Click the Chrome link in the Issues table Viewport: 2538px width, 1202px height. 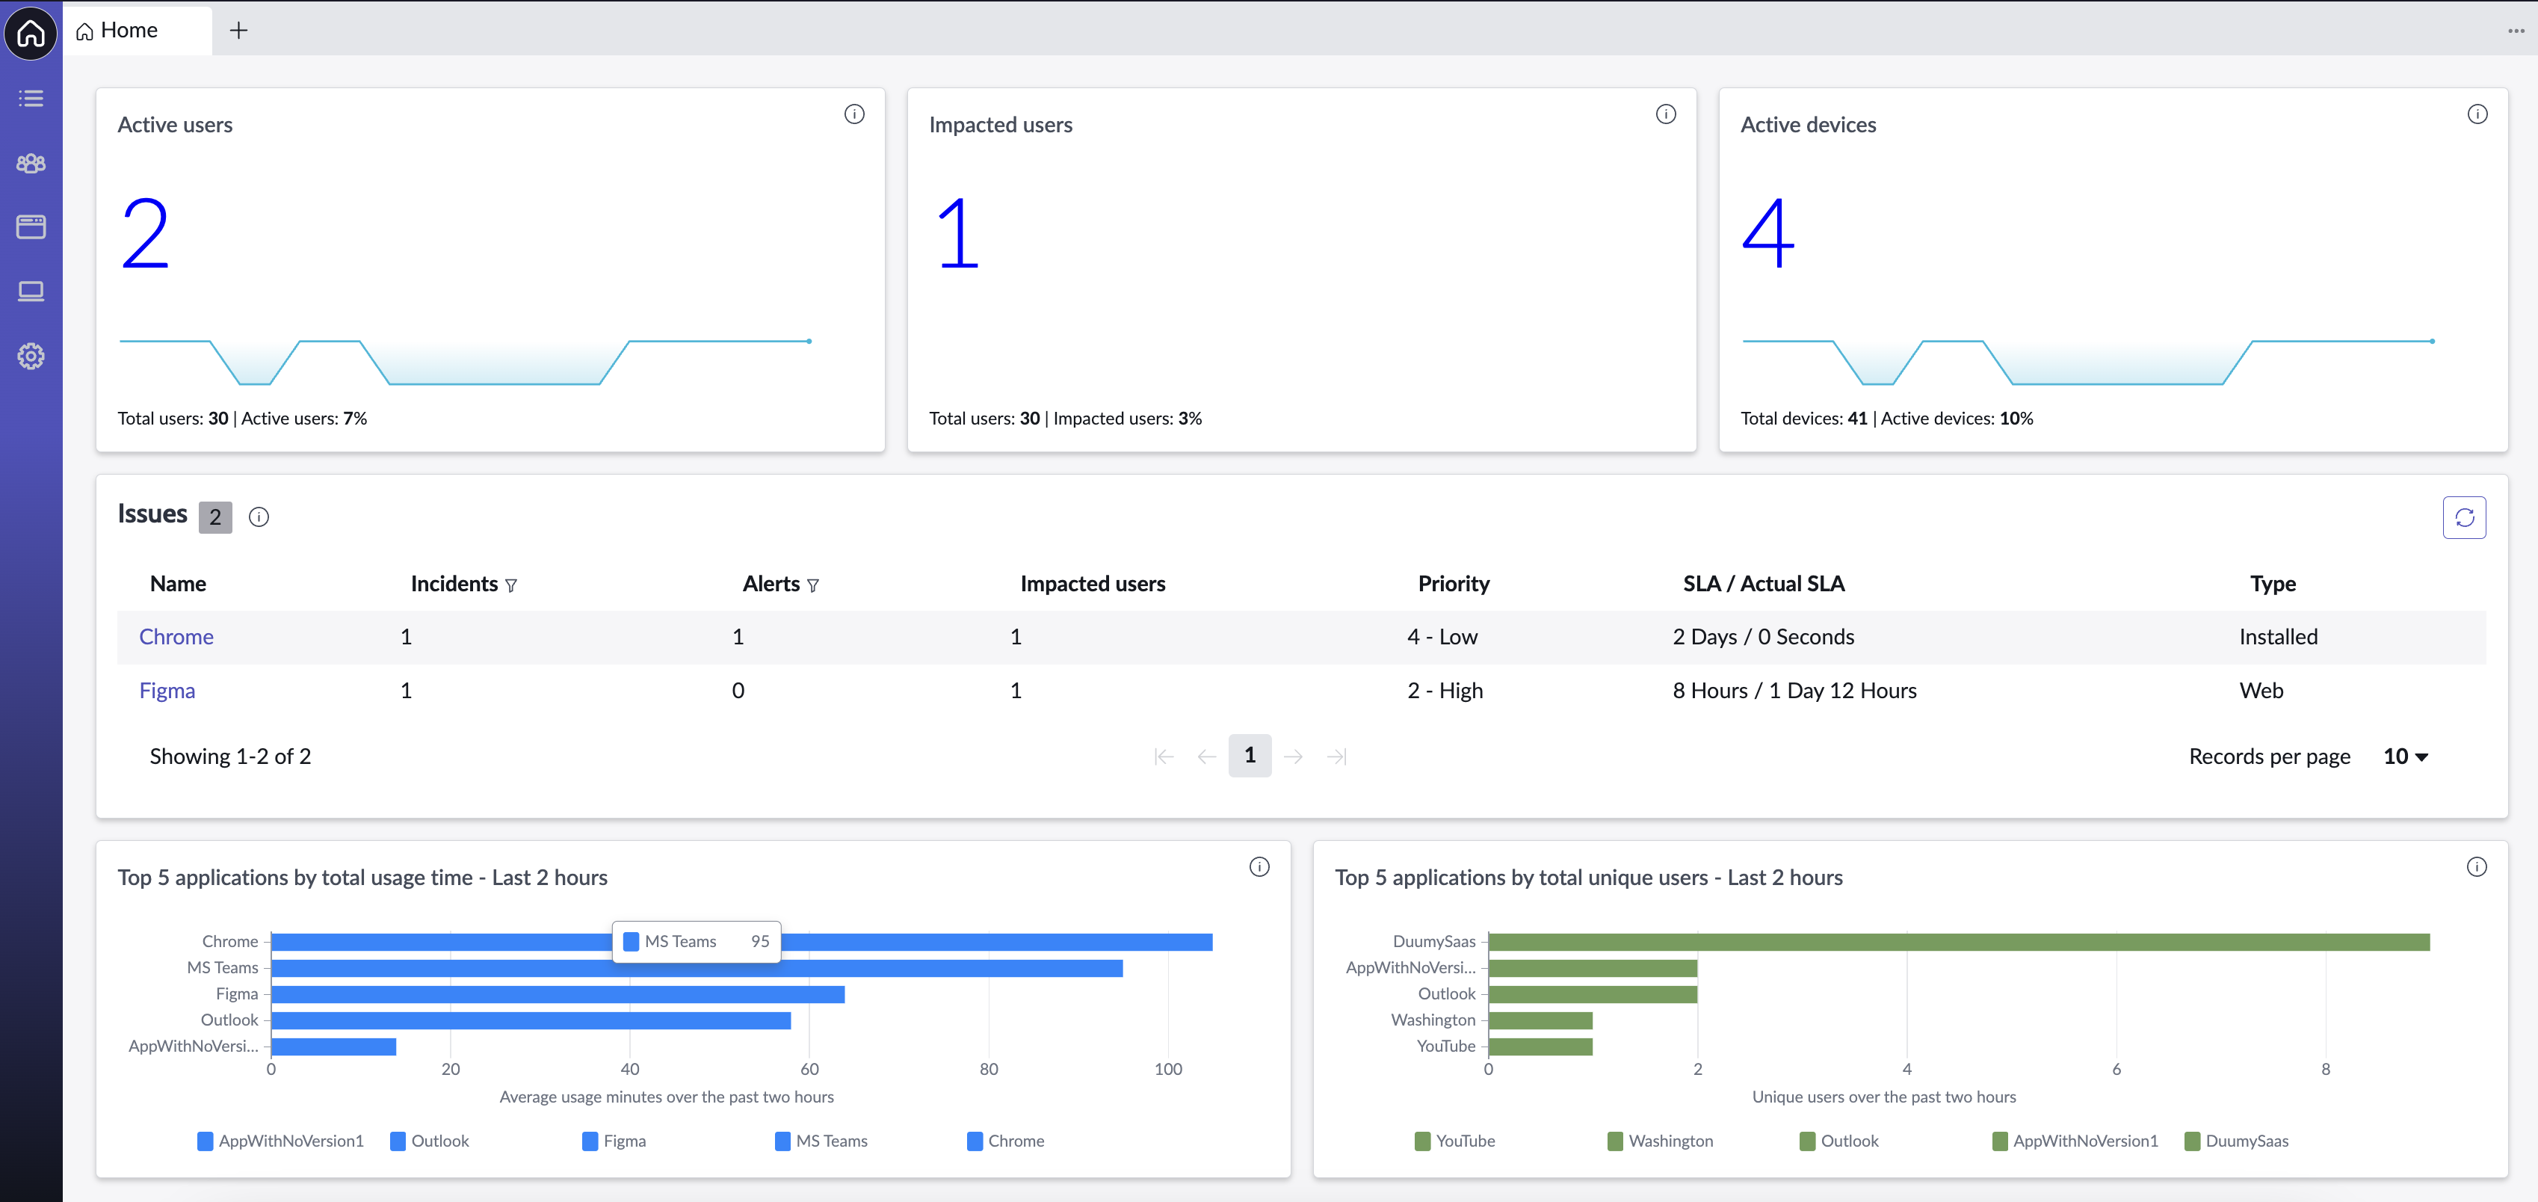coord(176,636)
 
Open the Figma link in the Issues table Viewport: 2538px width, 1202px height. coord(167,691)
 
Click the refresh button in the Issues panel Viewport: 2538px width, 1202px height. coord(2464,517)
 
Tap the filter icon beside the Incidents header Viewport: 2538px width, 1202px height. coord(511,585)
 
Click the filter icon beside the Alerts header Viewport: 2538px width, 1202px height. coord(813,585)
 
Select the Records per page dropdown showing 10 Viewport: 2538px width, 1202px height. coord(2406,756)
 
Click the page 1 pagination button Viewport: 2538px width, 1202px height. coord(1250,756)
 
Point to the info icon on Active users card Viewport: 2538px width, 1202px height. coord(854,114)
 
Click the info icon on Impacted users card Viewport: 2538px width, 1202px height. coord(1666,114)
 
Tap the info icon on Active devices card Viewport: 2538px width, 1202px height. coord(2477,114)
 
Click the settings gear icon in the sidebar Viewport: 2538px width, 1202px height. coord(31,356)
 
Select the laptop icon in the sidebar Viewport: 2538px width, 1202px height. coord(31,292)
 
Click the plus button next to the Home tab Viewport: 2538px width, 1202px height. coord(238,31)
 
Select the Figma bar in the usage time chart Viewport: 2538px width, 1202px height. coord(558,994)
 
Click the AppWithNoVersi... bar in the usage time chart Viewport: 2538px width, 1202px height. coord(334,1047)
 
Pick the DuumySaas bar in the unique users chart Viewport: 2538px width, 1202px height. coord(1959,942)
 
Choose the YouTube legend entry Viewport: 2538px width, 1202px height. coord(1455,1141)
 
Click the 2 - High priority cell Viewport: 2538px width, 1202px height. coord(1445,691)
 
